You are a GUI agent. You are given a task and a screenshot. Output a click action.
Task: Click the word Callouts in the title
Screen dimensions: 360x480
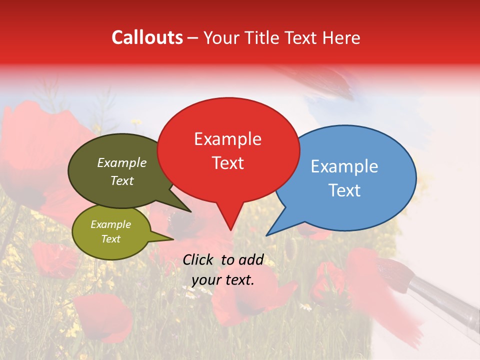(x=147, y=37)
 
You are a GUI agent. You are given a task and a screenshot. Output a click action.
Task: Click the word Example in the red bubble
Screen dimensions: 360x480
(x=227, y=139)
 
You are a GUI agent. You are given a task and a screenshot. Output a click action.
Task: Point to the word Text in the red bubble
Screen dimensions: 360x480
(x=228, y=163)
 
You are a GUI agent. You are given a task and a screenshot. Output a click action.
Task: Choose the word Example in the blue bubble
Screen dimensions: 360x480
(x=344, y=166)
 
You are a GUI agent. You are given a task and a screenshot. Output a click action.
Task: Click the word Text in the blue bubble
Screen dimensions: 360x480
(x=344, y=190)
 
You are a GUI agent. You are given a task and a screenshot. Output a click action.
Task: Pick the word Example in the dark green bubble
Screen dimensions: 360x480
(x=122, y=162)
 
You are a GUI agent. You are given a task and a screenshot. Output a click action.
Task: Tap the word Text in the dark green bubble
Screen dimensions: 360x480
(x=122, y=180)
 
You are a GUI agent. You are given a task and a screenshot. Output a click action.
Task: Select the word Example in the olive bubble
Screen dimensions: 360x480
(x=111, y=224)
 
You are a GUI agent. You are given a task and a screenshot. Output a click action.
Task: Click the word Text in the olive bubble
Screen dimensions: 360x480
(x=111, y=239)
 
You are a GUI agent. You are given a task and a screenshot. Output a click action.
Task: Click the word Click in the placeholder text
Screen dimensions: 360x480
(x=199, y=259)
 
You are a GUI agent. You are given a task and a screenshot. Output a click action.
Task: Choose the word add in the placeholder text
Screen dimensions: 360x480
(x=251, y=259)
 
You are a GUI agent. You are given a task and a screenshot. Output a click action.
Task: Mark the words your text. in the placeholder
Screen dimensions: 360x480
(x=223, y=280)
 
